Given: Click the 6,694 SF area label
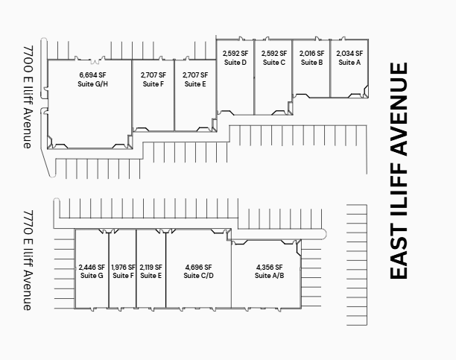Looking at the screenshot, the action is point(94,75).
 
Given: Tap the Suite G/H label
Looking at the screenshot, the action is point(94,84).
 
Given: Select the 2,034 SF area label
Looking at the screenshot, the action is point(349,54).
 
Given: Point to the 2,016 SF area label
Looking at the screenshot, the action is point(311,54).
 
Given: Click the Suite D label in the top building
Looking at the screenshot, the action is point(235,63).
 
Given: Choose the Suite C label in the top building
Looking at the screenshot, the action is point(273,63).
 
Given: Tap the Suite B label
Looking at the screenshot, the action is point(311,63).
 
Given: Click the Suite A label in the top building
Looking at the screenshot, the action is point(349,63).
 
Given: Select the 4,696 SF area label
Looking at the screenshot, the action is point(198,267).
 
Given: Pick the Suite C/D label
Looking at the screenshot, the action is point(198,276).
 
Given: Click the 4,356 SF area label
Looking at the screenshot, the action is point(270,267).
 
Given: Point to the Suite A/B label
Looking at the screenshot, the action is point(270,276).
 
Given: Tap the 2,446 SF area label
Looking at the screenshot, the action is point(91,267).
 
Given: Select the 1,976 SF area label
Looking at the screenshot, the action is point(123,267).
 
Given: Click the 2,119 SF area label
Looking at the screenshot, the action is point(151,267).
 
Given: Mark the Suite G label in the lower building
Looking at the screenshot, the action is point(91,276).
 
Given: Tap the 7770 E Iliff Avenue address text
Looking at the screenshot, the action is point(27,259).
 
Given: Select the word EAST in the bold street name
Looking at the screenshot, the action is point(399,252).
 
